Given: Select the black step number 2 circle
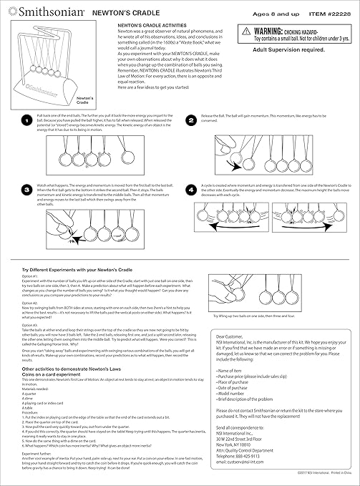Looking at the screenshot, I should pyautogui.click(x=190, y=122).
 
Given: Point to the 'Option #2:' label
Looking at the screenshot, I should pyautogui.click(x=30, y=303).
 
